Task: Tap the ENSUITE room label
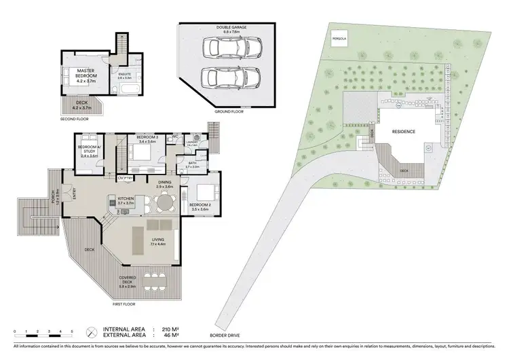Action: [124, 75]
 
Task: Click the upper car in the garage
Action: [232, 47]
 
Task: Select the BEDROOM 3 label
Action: [147, 139]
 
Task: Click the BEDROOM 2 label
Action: [200, 206]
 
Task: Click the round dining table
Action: [165, 202]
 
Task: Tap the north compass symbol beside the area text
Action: [92, 331]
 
